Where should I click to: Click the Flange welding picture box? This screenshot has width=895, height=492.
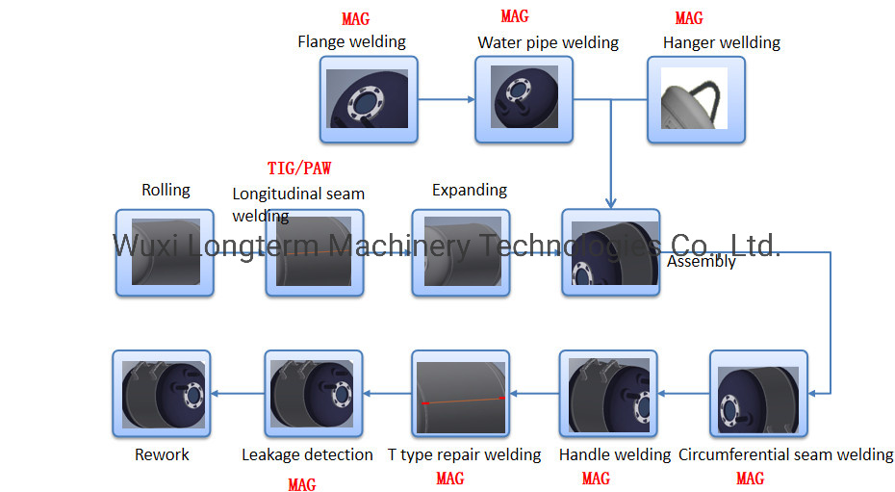369,100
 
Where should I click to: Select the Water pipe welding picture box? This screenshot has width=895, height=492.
524,100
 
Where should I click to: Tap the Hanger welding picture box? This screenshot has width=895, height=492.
696,100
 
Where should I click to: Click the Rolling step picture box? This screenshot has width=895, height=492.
165,252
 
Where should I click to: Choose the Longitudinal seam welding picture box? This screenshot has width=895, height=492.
316,252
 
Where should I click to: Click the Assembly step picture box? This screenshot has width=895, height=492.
611,252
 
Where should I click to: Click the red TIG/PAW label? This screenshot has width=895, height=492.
298,168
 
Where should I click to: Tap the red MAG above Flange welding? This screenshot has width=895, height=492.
355,19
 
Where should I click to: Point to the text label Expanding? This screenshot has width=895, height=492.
469,190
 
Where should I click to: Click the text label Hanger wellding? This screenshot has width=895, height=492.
721,42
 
